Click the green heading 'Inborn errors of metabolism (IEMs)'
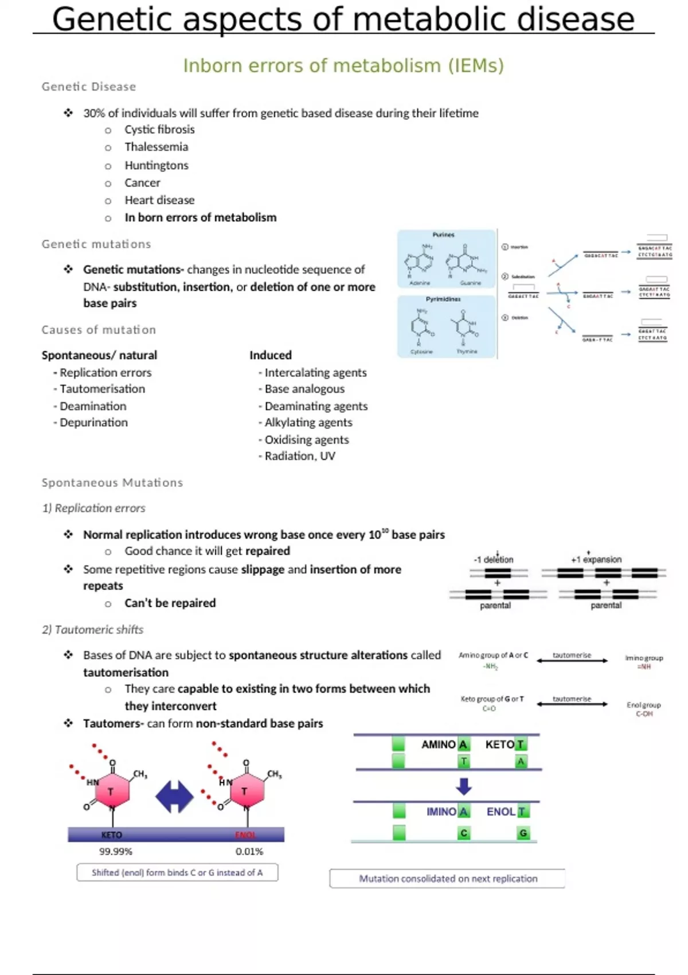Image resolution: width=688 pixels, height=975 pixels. click(x=343, y=66)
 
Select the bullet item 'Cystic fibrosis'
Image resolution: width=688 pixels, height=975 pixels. click(x=159, y=130)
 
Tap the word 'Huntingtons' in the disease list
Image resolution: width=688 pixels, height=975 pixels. click(x=157, y=165)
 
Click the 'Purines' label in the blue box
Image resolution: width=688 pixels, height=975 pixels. click(x=443, y=235)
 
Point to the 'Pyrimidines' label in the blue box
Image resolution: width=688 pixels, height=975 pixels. click(x=443, y=299)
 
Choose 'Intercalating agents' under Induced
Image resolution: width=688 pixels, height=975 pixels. click(x=315, y=372)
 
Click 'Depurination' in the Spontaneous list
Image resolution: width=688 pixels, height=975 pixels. click(x=93, y=422)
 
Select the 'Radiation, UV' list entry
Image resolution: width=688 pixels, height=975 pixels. click(x=300, y=456)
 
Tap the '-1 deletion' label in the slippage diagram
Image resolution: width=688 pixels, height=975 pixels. click(x=494, y=559)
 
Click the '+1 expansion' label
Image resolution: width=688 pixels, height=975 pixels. click(x=596, y=559)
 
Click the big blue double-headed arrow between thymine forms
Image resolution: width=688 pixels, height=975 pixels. click(x=175, y=797)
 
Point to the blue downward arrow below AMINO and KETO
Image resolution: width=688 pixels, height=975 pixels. click(x=463, y=786)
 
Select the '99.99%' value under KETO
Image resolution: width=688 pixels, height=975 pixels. click(x=116, y=852)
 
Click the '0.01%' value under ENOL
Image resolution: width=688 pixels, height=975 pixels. click(x=249, y=852)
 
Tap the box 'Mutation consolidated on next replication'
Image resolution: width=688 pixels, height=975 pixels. click(x=448, y=879)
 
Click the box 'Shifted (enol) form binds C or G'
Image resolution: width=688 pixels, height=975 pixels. click(x=177, y=872)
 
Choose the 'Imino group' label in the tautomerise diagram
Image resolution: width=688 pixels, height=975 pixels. click(x=644, y=658)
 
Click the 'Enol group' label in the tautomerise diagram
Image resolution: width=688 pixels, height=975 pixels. click(x=644, y=705)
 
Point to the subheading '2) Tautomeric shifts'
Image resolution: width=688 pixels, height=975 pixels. click(x=93, y=630)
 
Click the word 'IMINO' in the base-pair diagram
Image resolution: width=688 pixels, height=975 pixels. click(x=441, y=812)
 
